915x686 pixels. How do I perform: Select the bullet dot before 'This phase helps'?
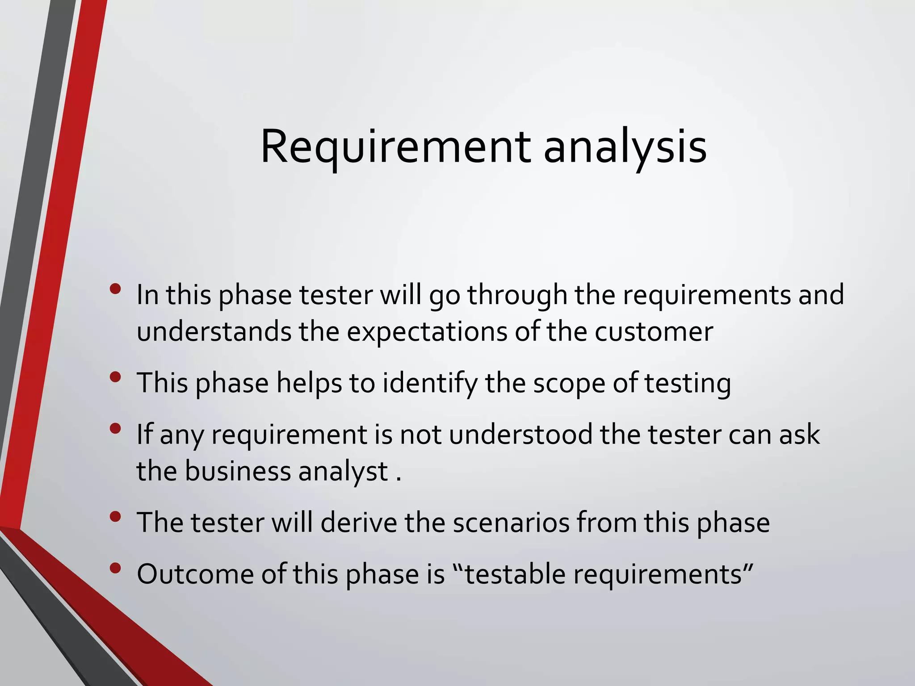point(115,377)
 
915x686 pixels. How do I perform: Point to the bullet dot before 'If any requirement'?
point(115,429)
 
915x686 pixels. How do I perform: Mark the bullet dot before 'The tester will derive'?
point(115,517)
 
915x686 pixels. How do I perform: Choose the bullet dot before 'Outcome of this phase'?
point(115,568)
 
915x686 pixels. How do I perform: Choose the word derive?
point(359,523)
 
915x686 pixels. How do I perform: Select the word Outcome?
point(195,574)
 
